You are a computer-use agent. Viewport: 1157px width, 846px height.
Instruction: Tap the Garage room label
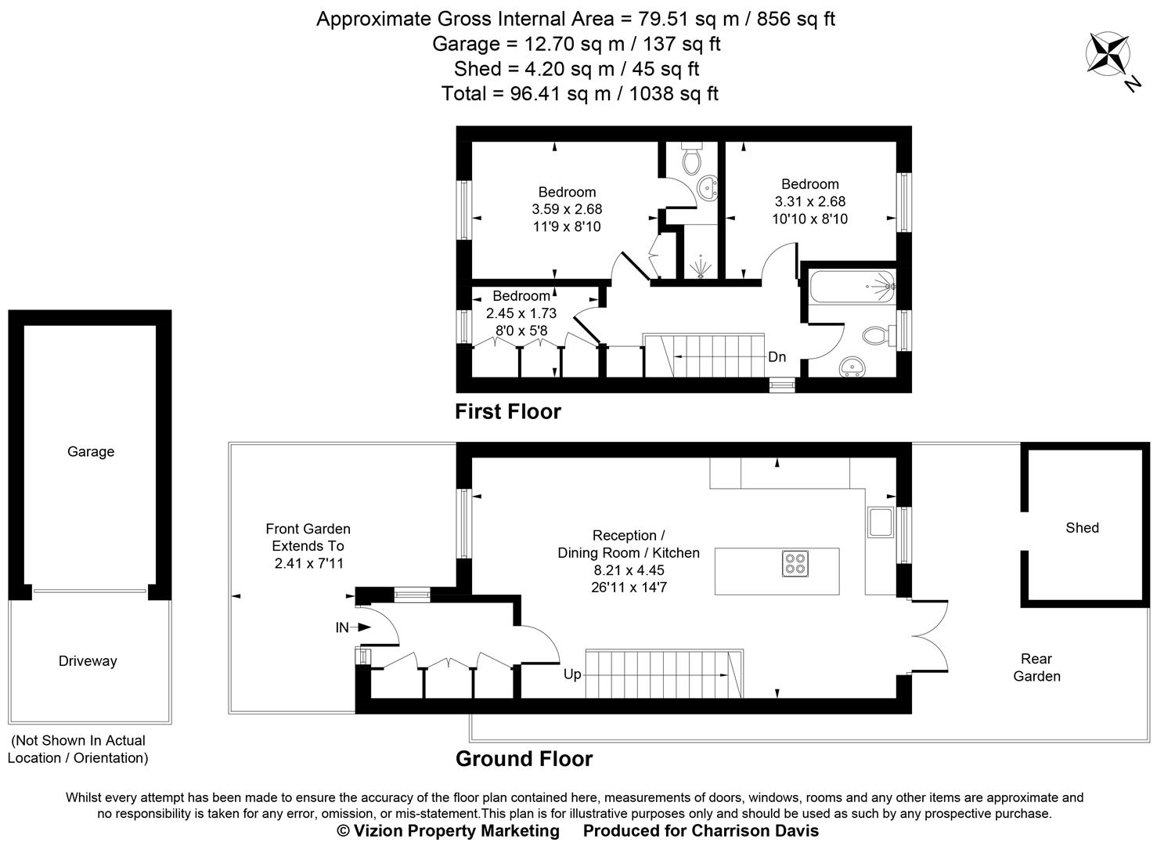tap(91, 451)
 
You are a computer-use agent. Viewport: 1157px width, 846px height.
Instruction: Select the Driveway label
tap(88, 661)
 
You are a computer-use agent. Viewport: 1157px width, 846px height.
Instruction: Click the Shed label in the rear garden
tap(1082, 528)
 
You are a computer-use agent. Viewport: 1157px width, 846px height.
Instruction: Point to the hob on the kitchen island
tap(795, 564)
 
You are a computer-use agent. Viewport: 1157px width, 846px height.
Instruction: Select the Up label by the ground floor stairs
tap(572, 674)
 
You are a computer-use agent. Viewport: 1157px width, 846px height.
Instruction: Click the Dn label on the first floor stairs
tap(777, 357)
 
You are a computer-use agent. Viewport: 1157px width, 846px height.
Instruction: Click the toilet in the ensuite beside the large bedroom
tap(690, 159)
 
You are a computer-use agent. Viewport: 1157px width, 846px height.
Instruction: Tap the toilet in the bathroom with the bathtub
tap(877, 336)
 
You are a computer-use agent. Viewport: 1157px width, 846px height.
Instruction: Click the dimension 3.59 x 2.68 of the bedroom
tap(567, 209)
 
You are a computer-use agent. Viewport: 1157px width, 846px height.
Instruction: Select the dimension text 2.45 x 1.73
tap(521, 313)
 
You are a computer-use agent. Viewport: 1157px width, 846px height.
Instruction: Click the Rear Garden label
tap(1036, 667)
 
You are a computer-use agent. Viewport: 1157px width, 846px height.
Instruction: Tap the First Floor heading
tap(508, 411)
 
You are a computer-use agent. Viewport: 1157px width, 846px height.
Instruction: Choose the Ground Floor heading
tap(524, 758)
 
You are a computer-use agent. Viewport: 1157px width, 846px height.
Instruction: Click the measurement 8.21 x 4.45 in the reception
tap(629, 569)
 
